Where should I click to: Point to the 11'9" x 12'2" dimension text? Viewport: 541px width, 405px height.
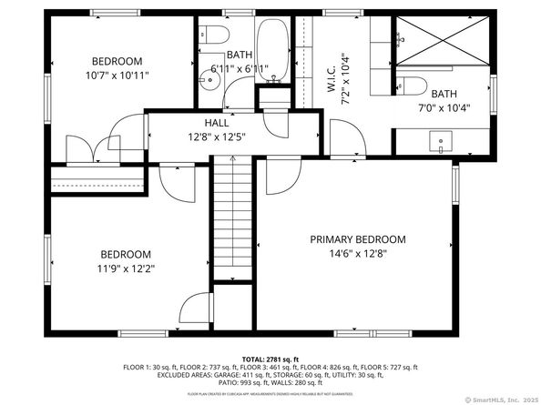(x=126, y=268)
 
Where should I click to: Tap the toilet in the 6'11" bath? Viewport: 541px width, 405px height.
(x=214, y=36)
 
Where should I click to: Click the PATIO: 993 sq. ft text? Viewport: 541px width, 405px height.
(x=208, y=381)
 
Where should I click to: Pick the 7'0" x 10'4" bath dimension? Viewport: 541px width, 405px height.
(x=444, y=108)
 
